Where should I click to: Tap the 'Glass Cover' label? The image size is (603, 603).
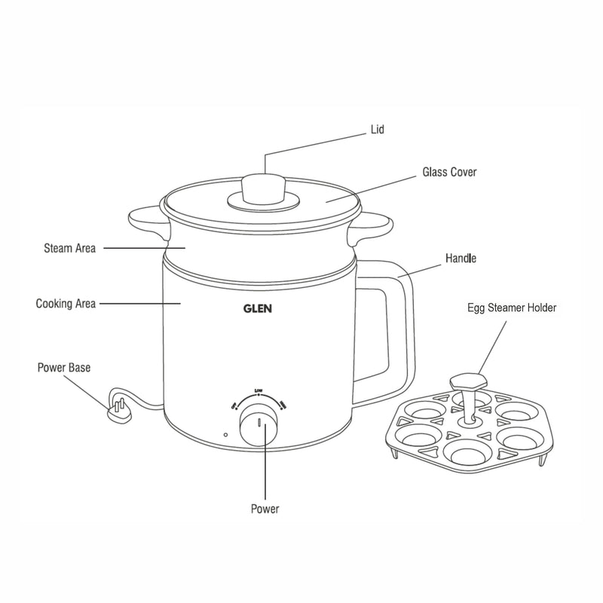coord(448,173)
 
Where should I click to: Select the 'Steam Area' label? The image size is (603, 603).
coord(69,247)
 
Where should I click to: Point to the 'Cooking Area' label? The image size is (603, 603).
coord(66,304)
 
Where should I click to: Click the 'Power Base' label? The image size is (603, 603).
coord(64,368)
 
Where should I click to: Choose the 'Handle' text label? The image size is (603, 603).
coord(460,259)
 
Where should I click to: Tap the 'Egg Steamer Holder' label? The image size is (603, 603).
coord(512,308)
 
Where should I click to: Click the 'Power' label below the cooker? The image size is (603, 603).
coord(265,509)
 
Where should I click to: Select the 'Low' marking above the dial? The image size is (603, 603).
coord(259,390)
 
